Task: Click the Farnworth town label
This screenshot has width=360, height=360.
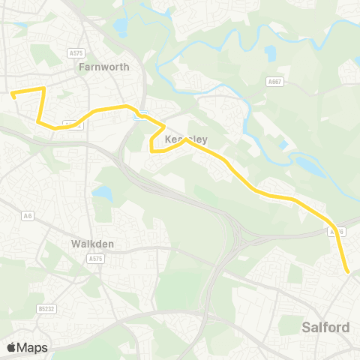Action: [104, 67]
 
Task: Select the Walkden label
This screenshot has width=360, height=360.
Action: [92, 244]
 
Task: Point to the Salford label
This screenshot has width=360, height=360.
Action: [325, 327]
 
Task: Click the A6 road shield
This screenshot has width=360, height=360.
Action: [28, 216]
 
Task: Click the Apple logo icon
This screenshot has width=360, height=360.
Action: [11, 347]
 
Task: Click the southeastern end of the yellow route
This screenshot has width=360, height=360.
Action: [348, 272]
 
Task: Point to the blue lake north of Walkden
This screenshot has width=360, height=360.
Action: [103, 194]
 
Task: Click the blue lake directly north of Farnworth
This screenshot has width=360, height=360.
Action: [120, 28]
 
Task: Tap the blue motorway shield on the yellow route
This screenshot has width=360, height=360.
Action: [139, 115]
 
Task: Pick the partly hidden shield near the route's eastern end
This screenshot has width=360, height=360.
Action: [337, 232]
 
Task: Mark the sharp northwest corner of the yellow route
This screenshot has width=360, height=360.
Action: [43, 88]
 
